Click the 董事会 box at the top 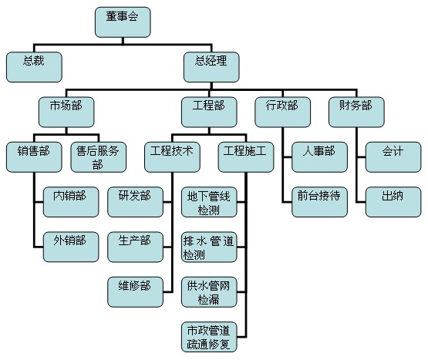tap(123, 22)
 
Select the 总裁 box tap(34, 67)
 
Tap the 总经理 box tap(211, 67)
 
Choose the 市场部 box tap(66, 113)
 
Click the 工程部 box tap(209, 113)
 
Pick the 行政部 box tap(283, 113)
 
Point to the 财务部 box tap(356, 113)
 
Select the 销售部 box tap(34, 157)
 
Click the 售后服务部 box tap(99, 157)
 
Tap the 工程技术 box tap(172, 157)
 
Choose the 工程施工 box tap(246, 157)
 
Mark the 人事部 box tap(319, 157)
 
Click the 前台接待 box tap(319, 202)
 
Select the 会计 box tap(393, 157)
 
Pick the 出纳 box tap(393, 202)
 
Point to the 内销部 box tap(71, 202)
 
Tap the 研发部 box tap(136, 202)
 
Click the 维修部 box tap(136, 292)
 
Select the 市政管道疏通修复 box tap(209, 337)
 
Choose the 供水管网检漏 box tap(209, 292)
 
